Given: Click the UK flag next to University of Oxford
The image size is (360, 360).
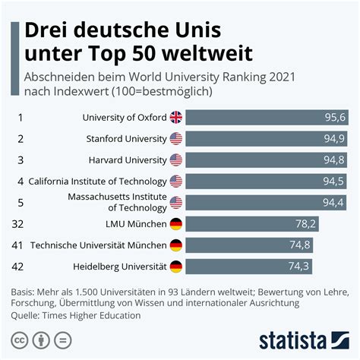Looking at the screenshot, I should point(176,117).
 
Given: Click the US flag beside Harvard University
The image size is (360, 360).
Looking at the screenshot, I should point(176,159).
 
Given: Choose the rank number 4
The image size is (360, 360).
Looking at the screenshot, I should point(21,181).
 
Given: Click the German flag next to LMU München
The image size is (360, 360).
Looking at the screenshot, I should point(176,223).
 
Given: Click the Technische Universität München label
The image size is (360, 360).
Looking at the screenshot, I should point(97,245).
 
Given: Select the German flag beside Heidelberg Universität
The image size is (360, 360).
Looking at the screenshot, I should point(176,266).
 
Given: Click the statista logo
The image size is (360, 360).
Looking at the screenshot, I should point(302,339).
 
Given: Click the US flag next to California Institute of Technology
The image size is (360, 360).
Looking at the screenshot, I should point(176,181).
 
